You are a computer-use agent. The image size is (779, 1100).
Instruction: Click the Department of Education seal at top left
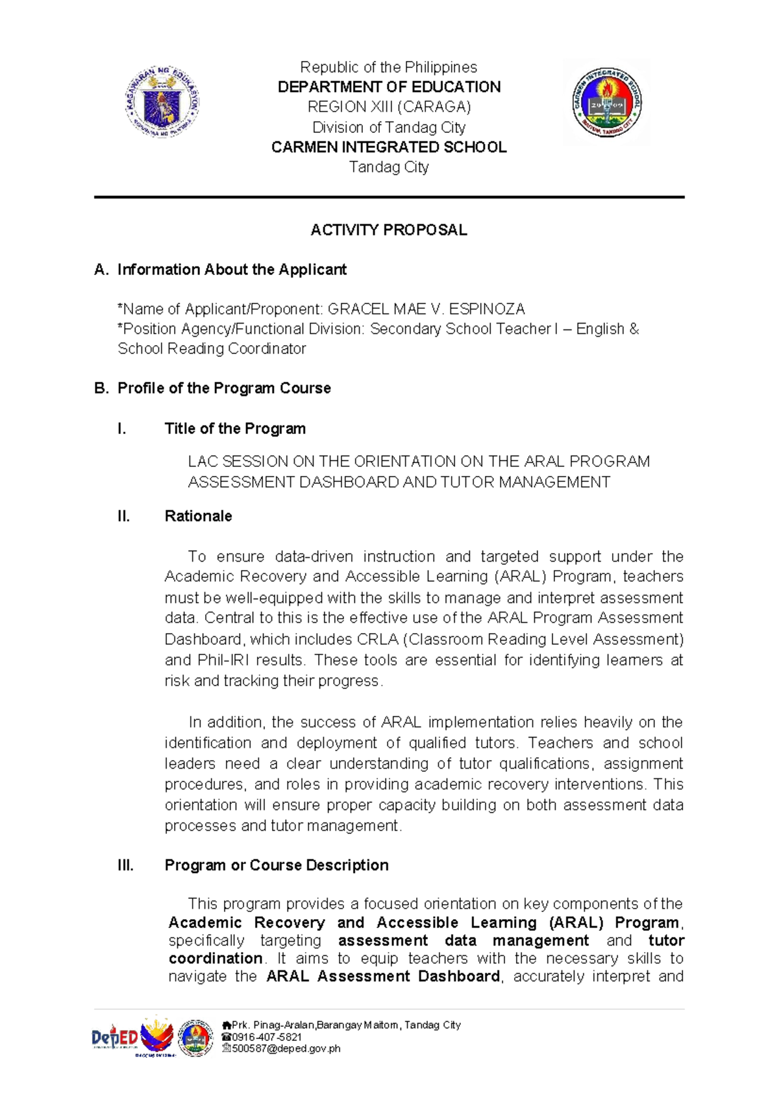(x=162, y=101)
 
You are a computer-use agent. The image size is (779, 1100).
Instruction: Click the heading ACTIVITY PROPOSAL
(x=388, y=230)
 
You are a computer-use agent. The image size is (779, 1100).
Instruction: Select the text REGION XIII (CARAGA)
(x=389, y=107)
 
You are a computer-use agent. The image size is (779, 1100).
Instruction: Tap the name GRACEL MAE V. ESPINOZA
(x=426, y=309)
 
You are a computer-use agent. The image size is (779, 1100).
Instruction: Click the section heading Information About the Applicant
(x=231, y=270)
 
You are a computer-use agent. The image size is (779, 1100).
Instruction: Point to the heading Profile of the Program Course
(x=223, y=389)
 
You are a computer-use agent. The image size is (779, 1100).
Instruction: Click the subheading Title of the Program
(x=235, y=429)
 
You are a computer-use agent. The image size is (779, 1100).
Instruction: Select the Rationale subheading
(x=198, y=516)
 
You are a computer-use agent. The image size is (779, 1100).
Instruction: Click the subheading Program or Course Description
(x=276, y=865)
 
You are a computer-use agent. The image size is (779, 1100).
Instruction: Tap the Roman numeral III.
(x=125, y=865)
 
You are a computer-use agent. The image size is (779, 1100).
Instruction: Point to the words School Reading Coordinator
(x=212, y=349)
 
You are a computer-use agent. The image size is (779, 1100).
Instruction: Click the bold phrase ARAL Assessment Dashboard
(x=383, y=977)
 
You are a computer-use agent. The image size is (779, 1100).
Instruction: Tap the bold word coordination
(x=215, y=959)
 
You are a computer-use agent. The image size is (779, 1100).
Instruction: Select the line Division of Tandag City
(x=389, y=127)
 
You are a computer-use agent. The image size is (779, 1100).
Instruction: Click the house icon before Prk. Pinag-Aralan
(x=227, y=1025)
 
